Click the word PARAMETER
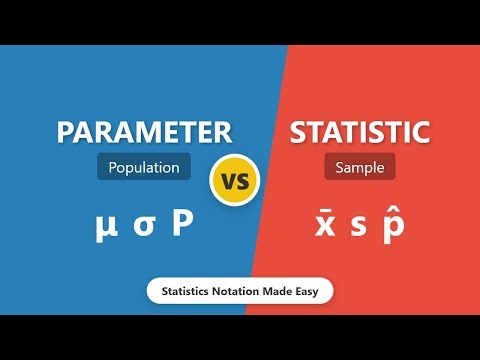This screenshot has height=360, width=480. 145,132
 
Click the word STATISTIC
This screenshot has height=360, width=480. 360,132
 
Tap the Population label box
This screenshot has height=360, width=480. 145,167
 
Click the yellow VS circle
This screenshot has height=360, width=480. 235,183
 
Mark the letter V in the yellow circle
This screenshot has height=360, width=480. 228,184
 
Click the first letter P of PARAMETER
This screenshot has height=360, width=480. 68,132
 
